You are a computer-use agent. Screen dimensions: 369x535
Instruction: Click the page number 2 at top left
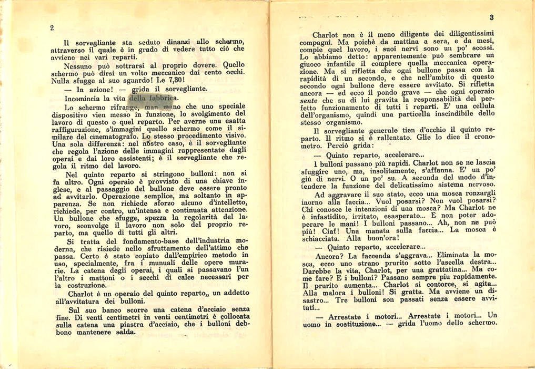[x=52, y=28]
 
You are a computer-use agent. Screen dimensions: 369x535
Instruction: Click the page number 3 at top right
[x=491, y=17]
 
